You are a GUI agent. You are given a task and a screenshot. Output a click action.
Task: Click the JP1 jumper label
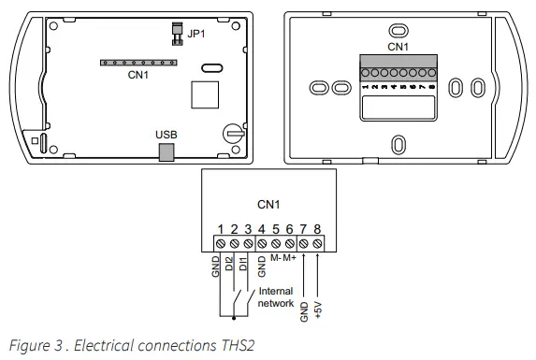tap(196, 35)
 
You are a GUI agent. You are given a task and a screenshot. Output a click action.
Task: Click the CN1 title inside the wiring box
tap(268, 203)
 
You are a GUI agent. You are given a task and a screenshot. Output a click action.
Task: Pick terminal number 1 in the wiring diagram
tap(221, 229)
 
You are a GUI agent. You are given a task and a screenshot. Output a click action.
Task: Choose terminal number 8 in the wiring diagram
tap(318, 229)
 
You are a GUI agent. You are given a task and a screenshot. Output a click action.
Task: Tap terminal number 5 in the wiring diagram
tap(276, 229)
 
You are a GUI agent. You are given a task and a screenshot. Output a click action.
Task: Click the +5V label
tap(319, 309)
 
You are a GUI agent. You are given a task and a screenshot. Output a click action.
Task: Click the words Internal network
tap(276, 297)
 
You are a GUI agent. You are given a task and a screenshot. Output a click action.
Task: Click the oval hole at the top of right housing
tap(398, 28)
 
